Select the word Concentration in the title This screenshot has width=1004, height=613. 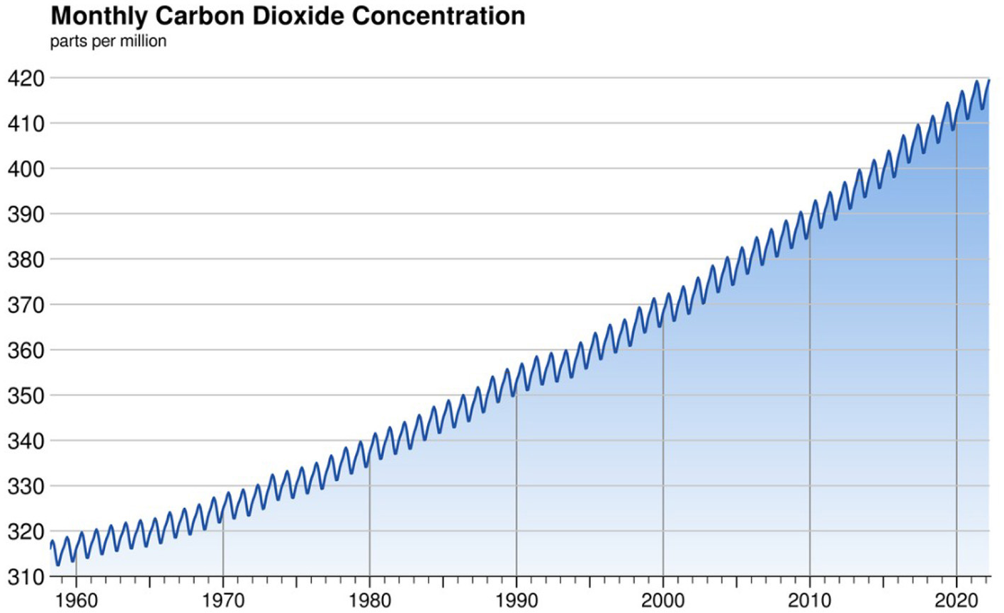439,16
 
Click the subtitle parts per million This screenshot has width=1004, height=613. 108,41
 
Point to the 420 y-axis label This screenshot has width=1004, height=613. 25,79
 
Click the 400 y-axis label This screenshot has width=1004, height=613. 25,169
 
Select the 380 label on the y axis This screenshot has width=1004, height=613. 25,260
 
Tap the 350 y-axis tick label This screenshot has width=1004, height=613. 25,396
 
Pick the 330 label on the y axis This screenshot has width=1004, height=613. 25,487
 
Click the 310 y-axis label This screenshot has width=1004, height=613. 25,578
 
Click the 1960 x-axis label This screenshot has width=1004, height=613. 76,600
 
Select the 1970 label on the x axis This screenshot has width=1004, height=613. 223,600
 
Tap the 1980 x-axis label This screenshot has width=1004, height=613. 370,600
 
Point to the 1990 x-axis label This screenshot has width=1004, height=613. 517,600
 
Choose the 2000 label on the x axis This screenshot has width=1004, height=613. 663,600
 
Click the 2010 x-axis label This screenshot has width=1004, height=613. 810,600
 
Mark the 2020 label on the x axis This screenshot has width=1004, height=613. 957,600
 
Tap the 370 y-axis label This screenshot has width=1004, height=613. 25,305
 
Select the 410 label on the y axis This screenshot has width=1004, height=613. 25,124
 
